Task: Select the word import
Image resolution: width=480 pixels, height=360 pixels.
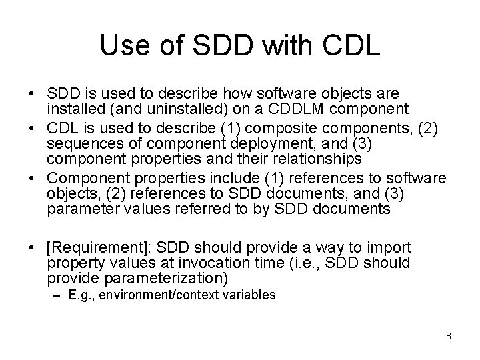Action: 390,248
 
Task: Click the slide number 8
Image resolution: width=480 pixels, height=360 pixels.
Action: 449,336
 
